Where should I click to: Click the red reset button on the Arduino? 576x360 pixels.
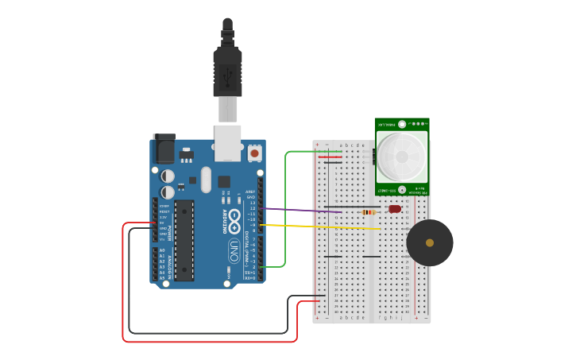[x=254, y=153]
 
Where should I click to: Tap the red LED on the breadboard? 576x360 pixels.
[x=395, y=209]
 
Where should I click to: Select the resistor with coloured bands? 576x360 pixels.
[x=368, y=212]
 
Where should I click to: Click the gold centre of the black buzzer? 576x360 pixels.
[x=430, y=242]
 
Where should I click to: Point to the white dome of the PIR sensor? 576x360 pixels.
[x=401, y=156]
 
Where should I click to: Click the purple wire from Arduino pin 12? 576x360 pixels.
[x=302, y=210]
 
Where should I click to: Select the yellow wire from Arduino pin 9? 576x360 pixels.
[x=318, y=226]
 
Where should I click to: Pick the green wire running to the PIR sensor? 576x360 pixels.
[x=285, y=207]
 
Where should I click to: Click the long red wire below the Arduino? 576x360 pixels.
[x=207, y=341]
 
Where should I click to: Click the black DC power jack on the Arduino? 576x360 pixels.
[x=163, y=149]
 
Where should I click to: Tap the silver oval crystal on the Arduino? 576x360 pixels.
[x=207, y=179]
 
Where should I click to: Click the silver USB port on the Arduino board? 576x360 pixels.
[x=227, y=137]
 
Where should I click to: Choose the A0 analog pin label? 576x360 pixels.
[x=162, y=250]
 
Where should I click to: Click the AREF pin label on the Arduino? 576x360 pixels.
[x=250, y=192]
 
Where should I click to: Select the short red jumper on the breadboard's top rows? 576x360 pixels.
[x=331, y=157]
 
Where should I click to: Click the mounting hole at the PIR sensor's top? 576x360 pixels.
[x=402, y=124]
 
